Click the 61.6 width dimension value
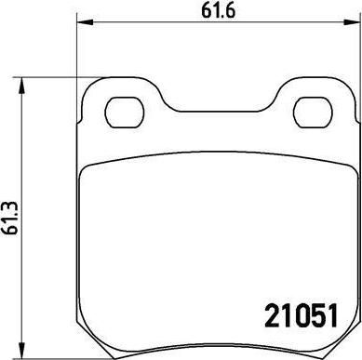(219, 11)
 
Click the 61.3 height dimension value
(11, 218)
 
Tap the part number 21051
(301, 315)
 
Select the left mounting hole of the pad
(125, 113)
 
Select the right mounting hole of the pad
(313, 113)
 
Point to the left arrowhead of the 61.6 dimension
(85, 22)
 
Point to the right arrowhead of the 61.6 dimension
(352, 22)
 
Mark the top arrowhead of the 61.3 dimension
(21, 86)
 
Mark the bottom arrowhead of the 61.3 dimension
(21, 351)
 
